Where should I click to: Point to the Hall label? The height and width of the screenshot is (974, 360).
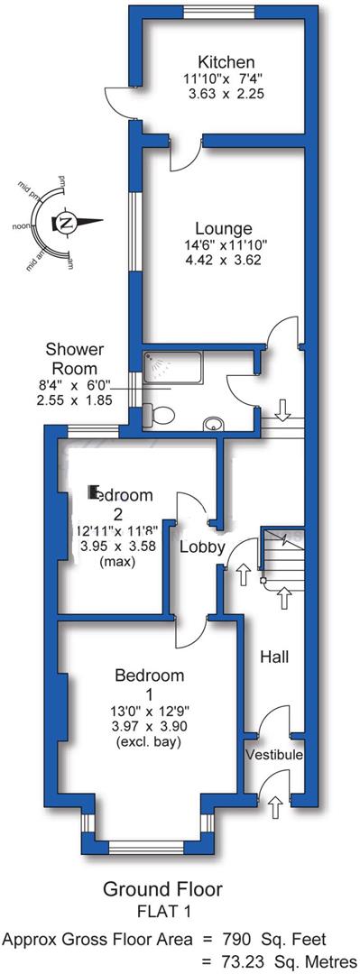[x=274, y=657]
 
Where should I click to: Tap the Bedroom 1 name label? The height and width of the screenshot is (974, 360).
[x=150, y=675]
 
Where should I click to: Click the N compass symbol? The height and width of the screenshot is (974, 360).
[x=66, y=222]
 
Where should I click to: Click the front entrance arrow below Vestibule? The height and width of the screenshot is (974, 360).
[x=275, y=805]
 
